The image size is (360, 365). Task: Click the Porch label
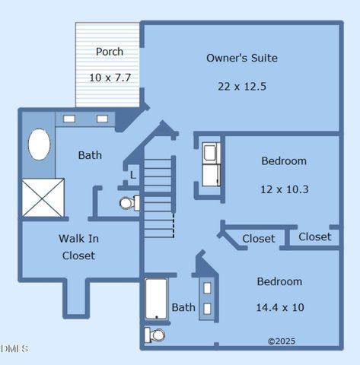point(110,52)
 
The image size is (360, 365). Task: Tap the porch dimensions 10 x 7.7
point(110,78)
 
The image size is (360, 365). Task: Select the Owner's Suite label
point(242,58)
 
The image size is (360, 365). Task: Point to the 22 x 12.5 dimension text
point(242,86)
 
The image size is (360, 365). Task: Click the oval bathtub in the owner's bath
point(40,144)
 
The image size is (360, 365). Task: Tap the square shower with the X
point(43,197)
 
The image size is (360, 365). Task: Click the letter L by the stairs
point(132,175)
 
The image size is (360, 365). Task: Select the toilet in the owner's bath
point(129,203)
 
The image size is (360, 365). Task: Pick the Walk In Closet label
point(78,246)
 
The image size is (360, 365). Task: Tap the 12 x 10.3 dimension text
point(284,189)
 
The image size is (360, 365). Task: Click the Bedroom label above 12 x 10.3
point(284,160)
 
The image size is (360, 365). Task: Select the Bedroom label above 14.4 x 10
point(279,281)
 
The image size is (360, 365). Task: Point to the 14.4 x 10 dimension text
point(279,307)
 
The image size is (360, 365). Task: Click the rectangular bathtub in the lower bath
point(156,299)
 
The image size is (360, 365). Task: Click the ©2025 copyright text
point(282,341)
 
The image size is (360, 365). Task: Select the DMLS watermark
point(14,349)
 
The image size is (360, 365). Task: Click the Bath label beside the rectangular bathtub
point(183,307)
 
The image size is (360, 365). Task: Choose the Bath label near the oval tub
point(90,155)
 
